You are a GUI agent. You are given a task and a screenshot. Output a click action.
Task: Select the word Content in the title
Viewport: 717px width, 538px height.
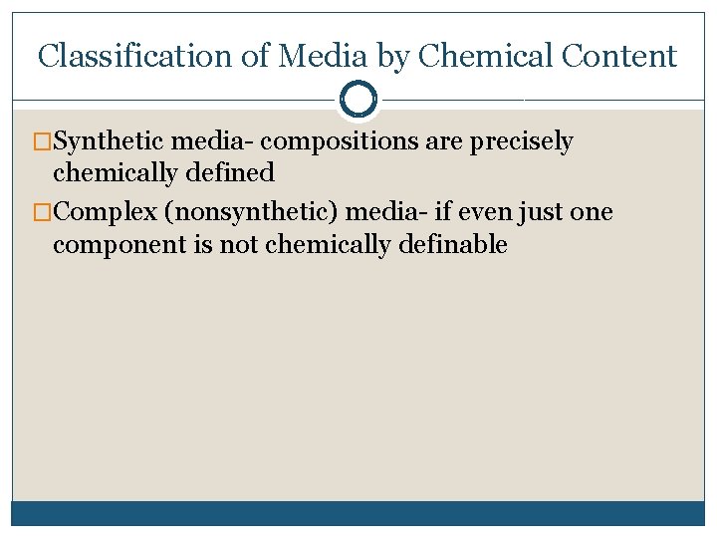coord(619,56)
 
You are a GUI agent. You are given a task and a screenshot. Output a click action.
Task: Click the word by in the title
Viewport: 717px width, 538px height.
coord(391,57)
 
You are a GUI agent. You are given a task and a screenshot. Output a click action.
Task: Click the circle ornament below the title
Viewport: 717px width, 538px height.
coord(358,99)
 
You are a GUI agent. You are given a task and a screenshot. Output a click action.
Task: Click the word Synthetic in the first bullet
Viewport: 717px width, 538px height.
coord(109,141)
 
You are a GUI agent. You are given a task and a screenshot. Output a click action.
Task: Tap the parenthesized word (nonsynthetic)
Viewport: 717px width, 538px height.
coord(256,213)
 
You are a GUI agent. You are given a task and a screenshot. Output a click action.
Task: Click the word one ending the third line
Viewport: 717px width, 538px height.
coord(591,212)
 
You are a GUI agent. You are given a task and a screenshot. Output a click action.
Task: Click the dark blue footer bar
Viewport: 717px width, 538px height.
coord(358,513)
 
